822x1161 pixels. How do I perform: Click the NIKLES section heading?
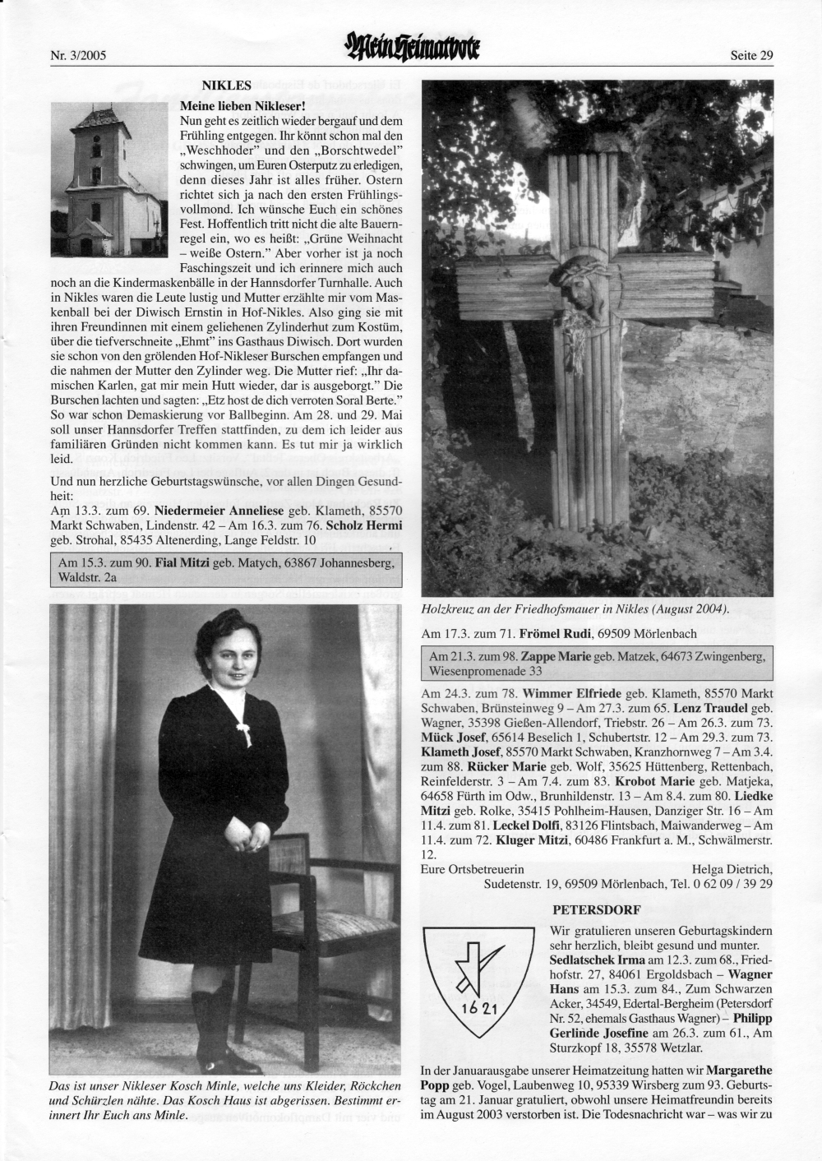(226, 85)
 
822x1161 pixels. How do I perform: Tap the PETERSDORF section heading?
(596, 910)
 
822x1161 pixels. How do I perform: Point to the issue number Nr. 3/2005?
(80, 56)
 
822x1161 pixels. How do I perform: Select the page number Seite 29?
(751, 56)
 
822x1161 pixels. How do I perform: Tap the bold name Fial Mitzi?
(182, 563)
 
